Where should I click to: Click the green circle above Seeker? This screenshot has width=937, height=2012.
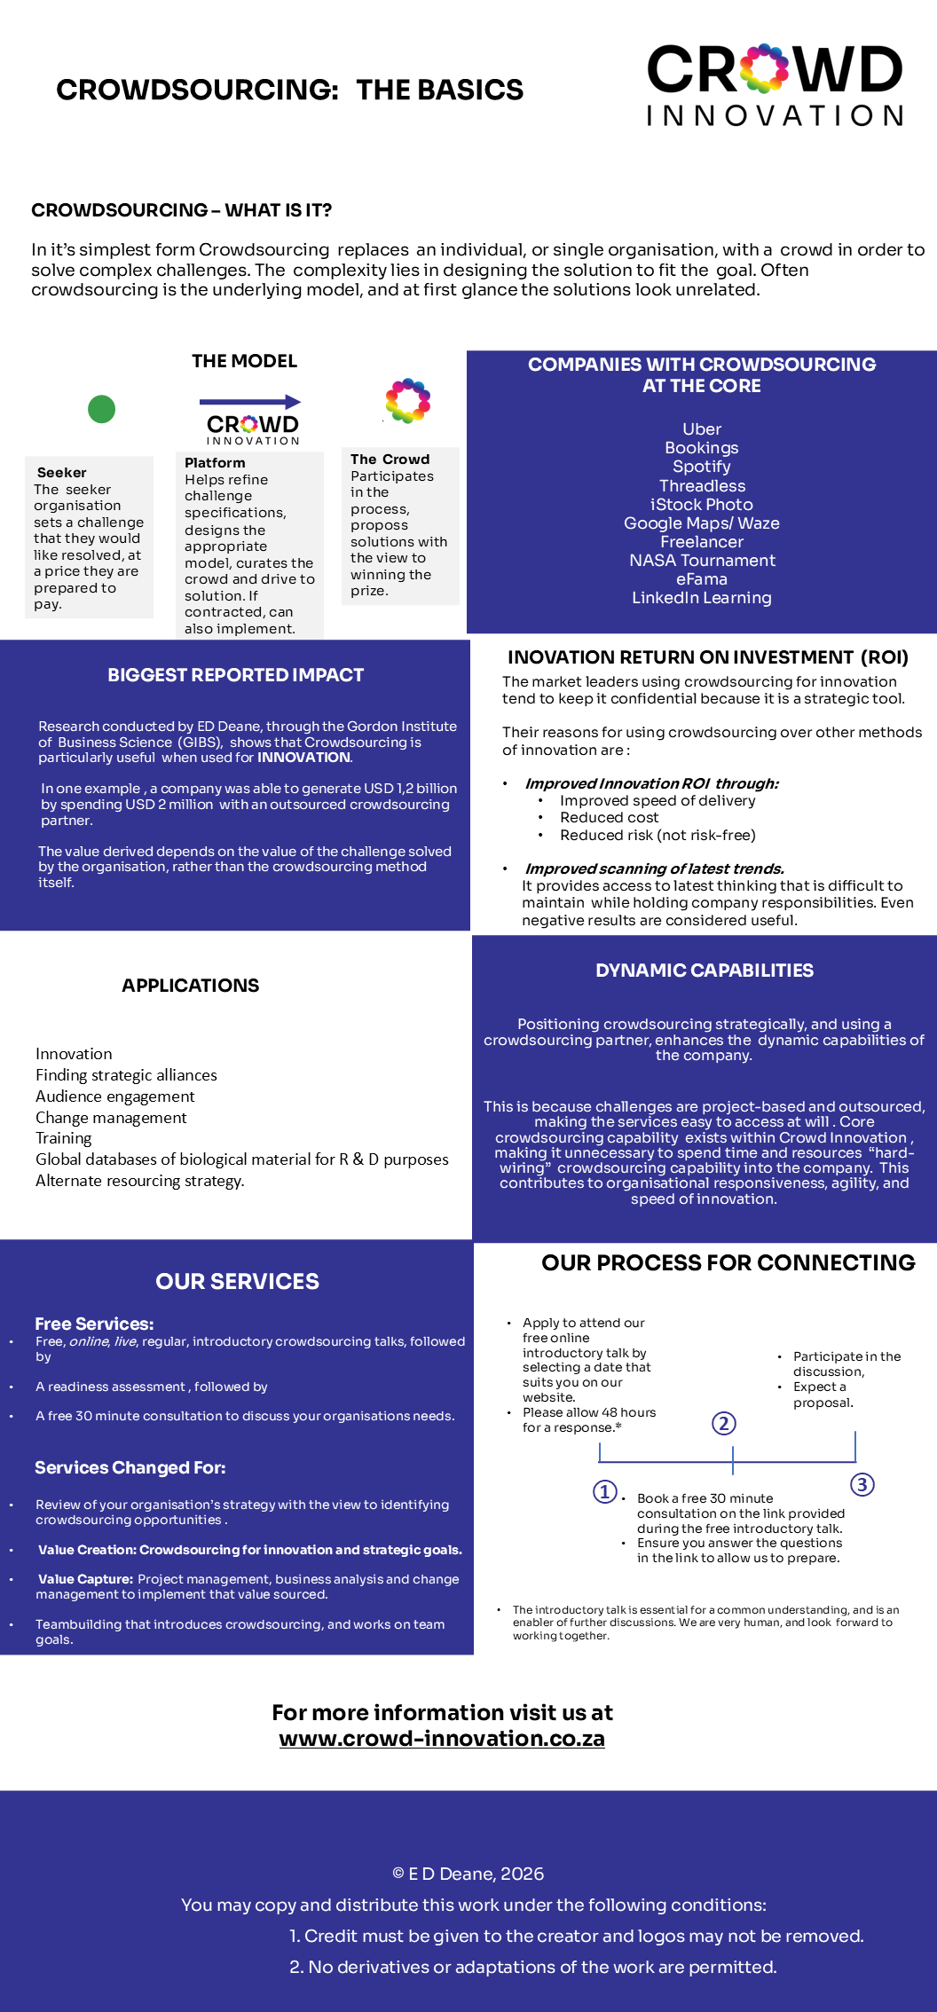pos(102,409)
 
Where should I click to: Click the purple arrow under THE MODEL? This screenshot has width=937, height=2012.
pos(249,402)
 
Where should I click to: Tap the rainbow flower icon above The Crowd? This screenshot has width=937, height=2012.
pos(407,400)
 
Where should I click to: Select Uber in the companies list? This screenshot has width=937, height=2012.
pos(702,429)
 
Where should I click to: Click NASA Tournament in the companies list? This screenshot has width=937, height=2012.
pos(702,561)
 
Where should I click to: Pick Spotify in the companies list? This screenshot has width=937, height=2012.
pos(702,467)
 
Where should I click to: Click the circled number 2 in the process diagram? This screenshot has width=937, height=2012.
pos(724,1424)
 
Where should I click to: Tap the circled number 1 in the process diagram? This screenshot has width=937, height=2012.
pos(605,1491)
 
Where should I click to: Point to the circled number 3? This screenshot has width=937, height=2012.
pos(862,1484)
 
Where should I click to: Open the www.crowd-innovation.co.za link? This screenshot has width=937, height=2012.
pos(442,1738)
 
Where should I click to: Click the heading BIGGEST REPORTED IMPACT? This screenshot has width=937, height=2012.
pos(235,675)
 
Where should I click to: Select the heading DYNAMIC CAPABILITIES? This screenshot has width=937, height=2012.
pos(705,971)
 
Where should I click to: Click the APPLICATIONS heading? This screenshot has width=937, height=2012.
pos(191,986)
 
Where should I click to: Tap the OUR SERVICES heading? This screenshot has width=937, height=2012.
pos(237,1281)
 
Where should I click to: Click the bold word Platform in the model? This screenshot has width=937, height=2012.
pos(215,463)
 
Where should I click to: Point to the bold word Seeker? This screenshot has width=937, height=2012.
pos(62,473)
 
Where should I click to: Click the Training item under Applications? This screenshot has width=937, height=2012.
pos(64,1138)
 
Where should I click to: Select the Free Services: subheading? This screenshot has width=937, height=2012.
pos(94,1324)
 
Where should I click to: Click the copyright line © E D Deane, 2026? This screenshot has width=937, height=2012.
pos(468,1874)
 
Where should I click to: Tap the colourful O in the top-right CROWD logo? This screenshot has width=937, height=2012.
pos(764,69)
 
